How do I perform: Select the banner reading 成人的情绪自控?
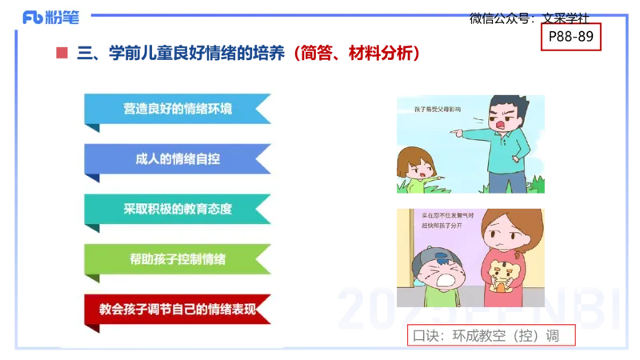point(178,158)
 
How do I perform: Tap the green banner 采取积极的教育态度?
point(178,209)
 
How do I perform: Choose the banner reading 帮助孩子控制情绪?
point(178,259)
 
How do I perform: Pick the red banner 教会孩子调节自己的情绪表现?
point(178,309)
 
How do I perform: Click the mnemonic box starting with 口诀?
point(491,335)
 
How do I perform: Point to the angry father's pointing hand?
point(458,127)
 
